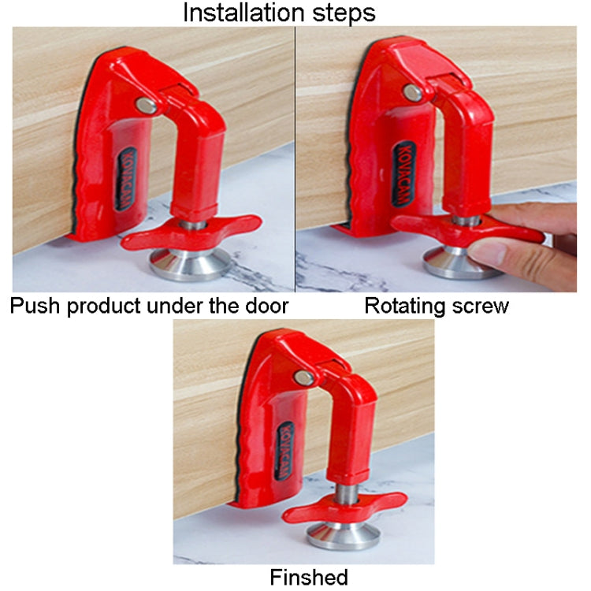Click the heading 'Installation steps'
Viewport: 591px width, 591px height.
(279, 13)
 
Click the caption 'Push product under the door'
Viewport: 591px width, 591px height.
(149, 306)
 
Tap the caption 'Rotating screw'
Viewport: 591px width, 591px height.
(437, 306)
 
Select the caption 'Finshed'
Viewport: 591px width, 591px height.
(309, 577)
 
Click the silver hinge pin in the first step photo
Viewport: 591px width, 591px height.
(147, 106)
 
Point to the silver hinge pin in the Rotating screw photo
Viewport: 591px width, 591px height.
(413, 93)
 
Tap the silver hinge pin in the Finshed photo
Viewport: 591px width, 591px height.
(304, 377)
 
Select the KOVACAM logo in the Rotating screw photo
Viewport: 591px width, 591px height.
(403, 174)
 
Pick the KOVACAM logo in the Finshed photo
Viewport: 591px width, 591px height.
(285, 451)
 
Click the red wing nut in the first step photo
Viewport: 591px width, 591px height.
(191, 232)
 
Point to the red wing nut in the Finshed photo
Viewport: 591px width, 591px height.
(345, 507)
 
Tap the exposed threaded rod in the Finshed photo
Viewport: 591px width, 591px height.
(347, 494)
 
